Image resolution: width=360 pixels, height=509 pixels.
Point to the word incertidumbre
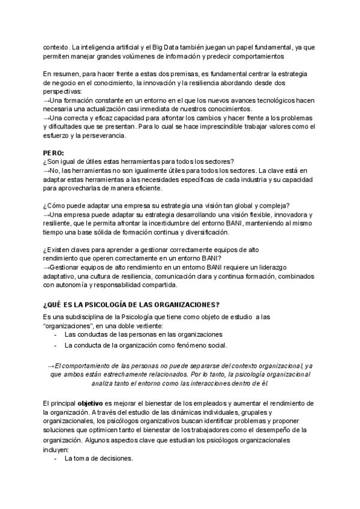point(182,223)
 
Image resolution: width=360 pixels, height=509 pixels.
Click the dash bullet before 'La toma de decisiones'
point(56,459)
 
